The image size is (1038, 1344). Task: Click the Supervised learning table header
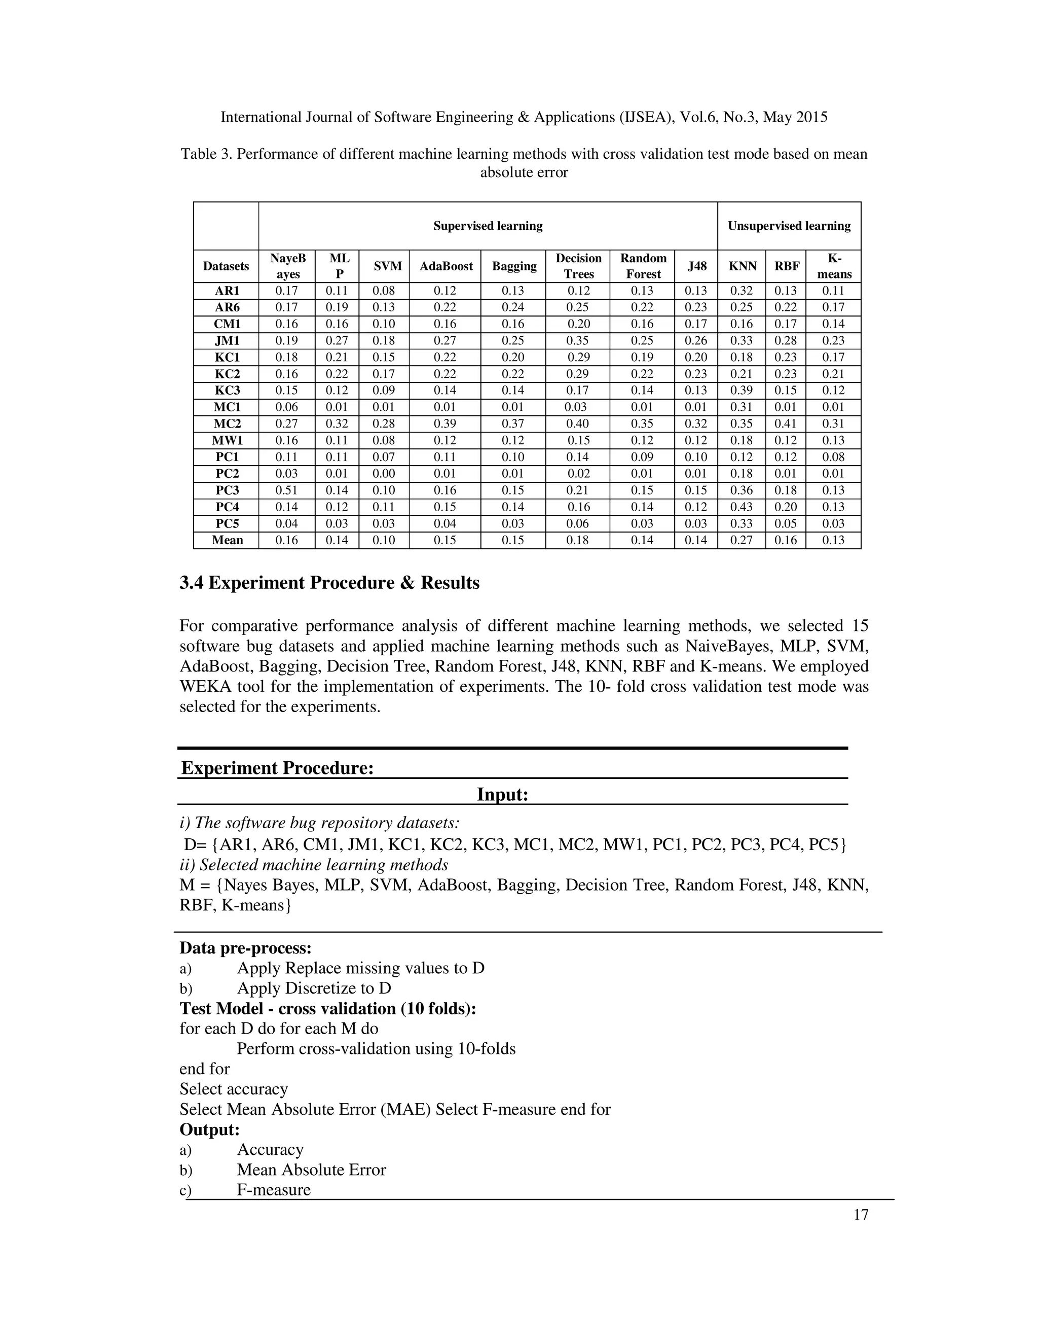(488, 226)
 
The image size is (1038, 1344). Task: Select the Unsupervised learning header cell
(789, 226)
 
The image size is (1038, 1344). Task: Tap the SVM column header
(387, 266)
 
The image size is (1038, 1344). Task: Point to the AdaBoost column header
(446, 266)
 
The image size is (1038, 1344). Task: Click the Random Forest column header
(643, 266)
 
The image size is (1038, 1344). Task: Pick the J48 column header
(697, 266)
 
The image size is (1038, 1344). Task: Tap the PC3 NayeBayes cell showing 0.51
(286, 490)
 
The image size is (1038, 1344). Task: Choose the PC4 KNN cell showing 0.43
(741, 507)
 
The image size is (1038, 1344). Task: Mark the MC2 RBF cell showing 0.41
(786, 423)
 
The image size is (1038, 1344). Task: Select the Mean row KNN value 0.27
(741, 540)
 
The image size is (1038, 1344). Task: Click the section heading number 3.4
(192, 583)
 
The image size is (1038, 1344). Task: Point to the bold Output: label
(209, 1129)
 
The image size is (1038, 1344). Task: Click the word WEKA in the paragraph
(205, 686)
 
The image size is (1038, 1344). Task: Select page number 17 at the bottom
(861, 1214)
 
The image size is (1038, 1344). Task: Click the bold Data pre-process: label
(245, 948)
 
